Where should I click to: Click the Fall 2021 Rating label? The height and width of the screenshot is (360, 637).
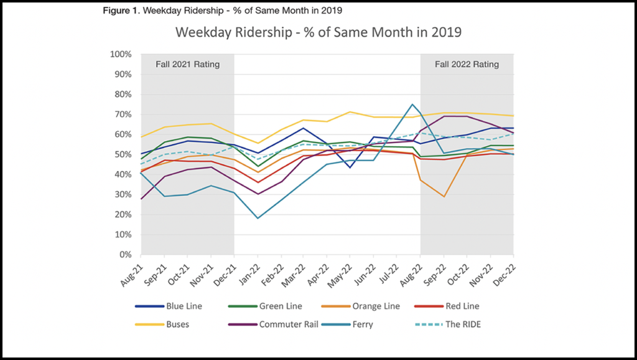point(187,65)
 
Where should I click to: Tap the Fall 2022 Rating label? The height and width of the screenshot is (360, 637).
point(467,65)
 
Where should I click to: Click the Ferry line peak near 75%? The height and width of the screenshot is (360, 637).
point(412,104)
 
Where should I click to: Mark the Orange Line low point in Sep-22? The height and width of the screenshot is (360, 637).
point(444,196)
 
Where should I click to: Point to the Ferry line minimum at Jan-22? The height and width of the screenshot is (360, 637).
point(258,218)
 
